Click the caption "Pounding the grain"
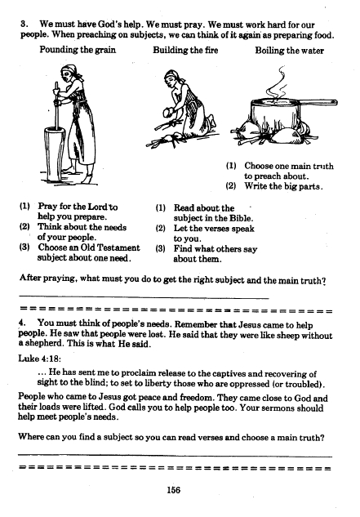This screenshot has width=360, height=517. click(x=78, y=50)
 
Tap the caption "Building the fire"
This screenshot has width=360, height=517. click(x=185, y=50)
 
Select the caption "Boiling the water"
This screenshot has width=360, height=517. click(x=289, y=51)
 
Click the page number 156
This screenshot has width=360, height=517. click(x=173, y=490)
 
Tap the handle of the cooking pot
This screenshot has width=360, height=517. click(x=317, y=103)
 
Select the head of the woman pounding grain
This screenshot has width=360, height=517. click(x=69, y=74)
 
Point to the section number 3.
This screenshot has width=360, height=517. click(x=24, y=24)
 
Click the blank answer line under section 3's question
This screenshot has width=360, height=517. click(x=144, y=296)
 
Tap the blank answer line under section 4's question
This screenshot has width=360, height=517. click(x=175, y=456)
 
